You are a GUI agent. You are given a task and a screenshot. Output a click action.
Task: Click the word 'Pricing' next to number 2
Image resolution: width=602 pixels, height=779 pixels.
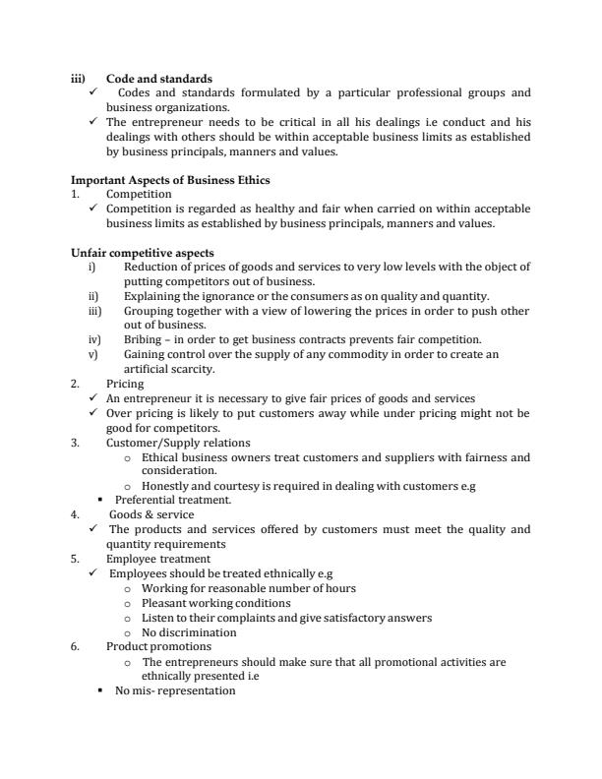pyautogui.click(x=125, y=384)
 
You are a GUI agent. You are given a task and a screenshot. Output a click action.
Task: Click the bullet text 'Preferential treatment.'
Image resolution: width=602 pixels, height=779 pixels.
pyautogui.click(x=173, y=500)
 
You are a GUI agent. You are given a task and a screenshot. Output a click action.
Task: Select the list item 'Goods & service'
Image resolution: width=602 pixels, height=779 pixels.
pyautogui.click(x=151, y=514)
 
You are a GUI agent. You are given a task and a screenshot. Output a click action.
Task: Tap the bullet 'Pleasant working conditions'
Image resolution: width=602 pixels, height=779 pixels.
pyautogui.click(x=216, y=603)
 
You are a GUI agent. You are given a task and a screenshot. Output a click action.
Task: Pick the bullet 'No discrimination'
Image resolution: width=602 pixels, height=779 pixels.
pyautogui.click(x=190, y=632)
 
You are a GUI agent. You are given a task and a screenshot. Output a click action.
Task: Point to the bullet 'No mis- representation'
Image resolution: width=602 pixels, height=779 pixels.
pyautogui.click(x=176, y=690)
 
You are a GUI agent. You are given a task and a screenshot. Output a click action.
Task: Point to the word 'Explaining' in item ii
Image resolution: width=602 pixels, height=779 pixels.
pyautogui.click(x=150, y=296)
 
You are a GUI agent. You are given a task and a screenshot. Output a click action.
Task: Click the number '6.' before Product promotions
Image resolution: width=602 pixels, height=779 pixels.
pyautogui.click(x=76, y=646)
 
